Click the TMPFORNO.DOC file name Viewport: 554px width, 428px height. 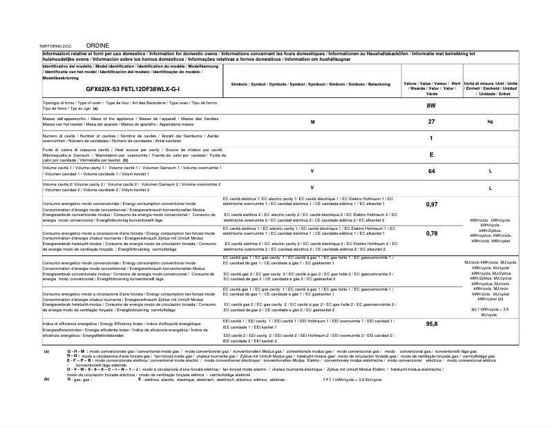pos(57,46)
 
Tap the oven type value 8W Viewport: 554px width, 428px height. pos(432,106)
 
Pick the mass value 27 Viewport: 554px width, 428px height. pos(432,121)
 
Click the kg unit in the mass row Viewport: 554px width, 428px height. pos(490,121)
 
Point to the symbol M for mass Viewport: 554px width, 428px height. pos(312,121)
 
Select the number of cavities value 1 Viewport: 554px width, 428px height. pos(432,138)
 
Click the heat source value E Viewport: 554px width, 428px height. pos(432,155)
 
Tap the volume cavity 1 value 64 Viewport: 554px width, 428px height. pos(432,171)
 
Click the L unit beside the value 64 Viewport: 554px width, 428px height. pos(490,171)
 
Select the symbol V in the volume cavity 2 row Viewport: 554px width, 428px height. pos(312,187)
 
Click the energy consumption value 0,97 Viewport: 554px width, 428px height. pos(432,204)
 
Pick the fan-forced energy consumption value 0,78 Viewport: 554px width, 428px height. pos(432,233)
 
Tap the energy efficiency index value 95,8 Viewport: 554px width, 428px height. pos(432,324)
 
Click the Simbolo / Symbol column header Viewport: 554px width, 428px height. pos(312,84)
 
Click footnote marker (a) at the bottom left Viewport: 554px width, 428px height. pos(46,351)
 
